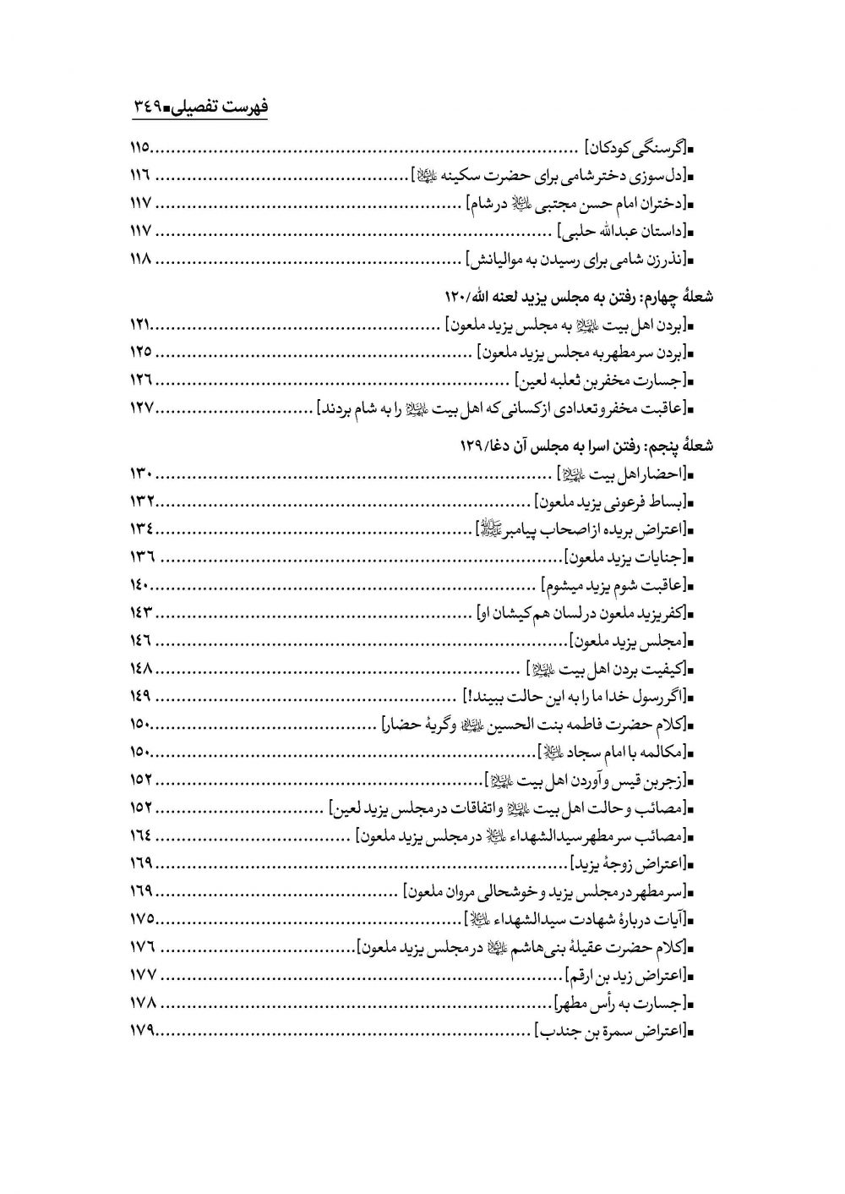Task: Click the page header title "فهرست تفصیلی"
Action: point(221,108)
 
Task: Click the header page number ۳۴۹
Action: point(150,108)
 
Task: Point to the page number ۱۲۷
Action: point(140,408)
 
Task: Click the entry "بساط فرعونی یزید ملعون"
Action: point(612,501)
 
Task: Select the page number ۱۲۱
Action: point(140,326)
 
